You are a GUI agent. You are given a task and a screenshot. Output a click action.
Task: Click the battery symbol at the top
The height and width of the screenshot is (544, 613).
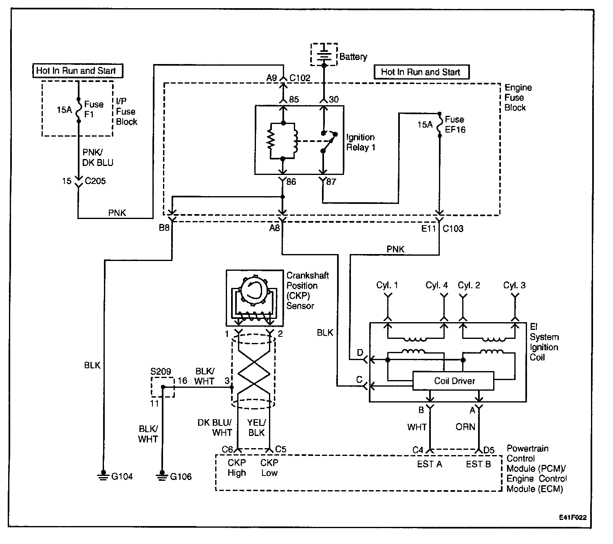pyautogui.click(x=324, y=55)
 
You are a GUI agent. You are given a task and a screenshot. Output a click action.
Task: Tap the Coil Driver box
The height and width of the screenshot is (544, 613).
pyautogui.click(x=453, y=381)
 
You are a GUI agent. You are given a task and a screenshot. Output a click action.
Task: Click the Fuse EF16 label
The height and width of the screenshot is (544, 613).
pyautogui.click(x=455, y=124)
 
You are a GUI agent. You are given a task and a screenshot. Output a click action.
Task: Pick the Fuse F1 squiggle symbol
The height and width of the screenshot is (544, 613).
pyautogui.click(x=79, y=110)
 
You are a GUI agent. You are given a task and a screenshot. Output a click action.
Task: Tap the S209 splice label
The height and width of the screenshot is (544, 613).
pyautogui.click(x=161, y=371)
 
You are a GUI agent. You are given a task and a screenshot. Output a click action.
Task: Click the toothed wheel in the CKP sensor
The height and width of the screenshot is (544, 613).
pyautogui.click(x=254, y=291)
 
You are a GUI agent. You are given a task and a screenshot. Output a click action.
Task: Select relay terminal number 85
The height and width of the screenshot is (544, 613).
pyautogui.click(x=294, y=99)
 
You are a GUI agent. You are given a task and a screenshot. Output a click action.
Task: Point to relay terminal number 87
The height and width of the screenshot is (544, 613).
pyautogui.click(x=331, y=181)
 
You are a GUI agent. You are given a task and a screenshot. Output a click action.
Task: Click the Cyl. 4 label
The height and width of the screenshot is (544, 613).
pyautogui.click(x=436, y=285)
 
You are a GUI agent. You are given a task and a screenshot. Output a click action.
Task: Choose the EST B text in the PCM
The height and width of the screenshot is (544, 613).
pyautogui.click(x=478, y=464)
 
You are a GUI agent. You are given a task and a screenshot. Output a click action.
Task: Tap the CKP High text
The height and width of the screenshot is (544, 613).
pyautogui.click(x=237, y=468)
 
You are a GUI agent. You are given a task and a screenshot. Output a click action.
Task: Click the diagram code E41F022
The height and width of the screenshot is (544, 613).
pyautogui.click(x=573, y=517)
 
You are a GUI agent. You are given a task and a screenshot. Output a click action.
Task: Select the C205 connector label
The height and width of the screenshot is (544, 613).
pyautogui.click(x=95, y=181)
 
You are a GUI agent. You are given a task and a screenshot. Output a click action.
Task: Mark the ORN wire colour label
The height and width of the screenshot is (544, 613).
pyautogui.click(x=465, y=427)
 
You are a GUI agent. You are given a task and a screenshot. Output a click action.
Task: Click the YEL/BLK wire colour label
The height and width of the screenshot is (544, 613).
pyautogui.click(x=256, y=427)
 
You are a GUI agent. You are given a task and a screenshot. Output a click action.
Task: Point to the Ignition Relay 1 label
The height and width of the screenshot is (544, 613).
pyautogui.click(x=360, y=142)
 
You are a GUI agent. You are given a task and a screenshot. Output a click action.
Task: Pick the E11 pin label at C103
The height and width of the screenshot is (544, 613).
pyautogui.click(x=428, y=228)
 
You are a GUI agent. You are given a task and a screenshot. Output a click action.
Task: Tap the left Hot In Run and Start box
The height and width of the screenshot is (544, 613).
pyautogui.click(x=78, y=71)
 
